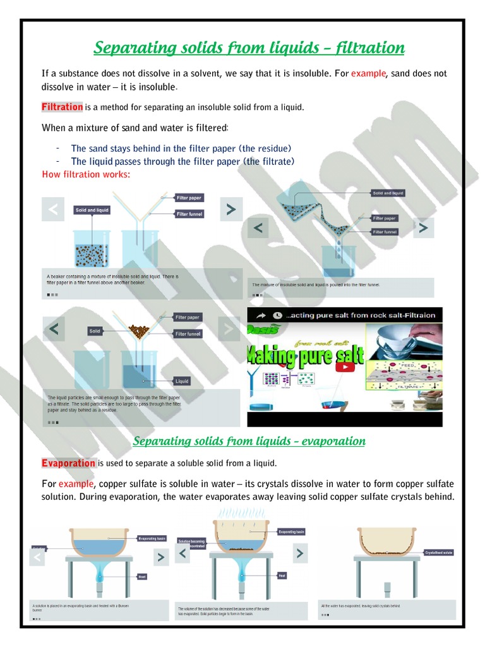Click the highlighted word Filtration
(62, 107)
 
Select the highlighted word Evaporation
(68, 463)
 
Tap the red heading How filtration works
(85, 174)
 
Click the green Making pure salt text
(306, 356)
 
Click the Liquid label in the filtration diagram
(182, 381)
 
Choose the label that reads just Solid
(95, 330)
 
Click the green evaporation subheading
(249, 440)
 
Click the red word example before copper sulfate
(76, 484)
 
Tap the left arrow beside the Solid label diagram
(54, 329)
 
